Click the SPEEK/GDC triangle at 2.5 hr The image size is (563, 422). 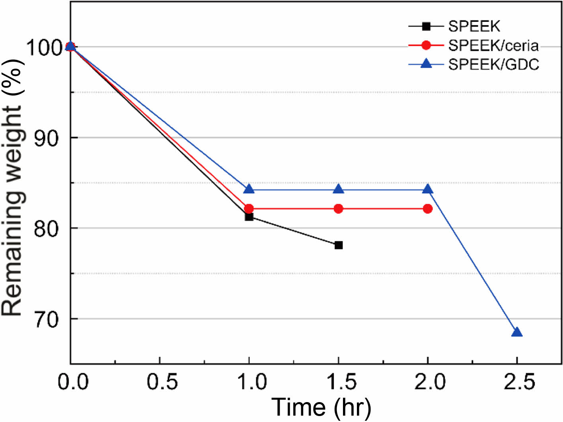coord(516,332)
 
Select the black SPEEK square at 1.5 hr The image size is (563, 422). coord(339,245)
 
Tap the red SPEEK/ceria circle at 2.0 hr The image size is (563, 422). coord(428,209)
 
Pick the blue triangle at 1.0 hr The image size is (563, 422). coord(249,189)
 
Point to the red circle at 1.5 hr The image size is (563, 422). coord(339,209)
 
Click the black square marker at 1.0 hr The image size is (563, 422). coord(249,217)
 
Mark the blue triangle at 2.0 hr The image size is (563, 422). coord(428,189)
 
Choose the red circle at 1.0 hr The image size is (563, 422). coord(249,208)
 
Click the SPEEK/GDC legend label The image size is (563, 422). coord(493,64)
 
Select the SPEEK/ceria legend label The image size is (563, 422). coord(493,46)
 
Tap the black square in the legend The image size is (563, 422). coord(426,27)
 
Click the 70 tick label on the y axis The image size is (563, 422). coord(47,319)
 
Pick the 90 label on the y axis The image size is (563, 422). coord(47,138)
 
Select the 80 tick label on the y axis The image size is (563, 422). coord(47,229)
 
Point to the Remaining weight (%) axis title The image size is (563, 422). coord(13,187)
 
